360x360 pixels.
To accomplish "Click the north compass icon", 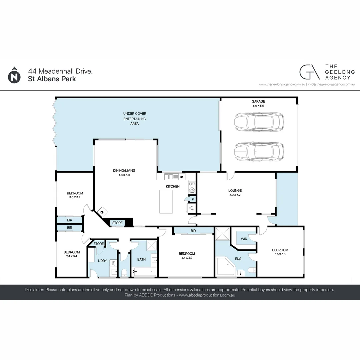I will [14, 75].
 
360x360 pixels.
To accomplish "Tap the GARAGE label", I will [258, 101].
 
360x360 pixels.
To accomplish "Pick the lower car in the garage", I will [259, 151].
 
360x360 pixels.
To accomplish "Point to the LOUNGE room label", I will [235, 191].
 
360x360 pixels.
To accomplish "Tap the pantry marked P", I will [192, 199].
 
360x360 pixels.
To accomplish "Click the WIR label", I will [244, 238].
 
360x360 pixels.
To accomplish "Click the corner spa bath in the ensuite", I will [226, 266].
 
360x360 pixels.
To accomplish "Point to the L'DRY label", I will [102, 260].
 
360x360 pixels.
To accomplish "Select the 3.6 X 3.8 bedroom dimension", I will [280, 254].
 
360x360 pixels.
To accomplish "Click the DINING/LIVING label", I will [124, 170].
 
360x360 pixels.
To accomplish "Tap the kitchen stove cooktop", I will [192, 187].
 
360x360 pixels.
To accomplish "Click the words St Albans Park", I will [52, 79].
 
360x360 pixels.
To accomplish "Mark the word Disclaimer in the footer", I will [34, 290].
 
